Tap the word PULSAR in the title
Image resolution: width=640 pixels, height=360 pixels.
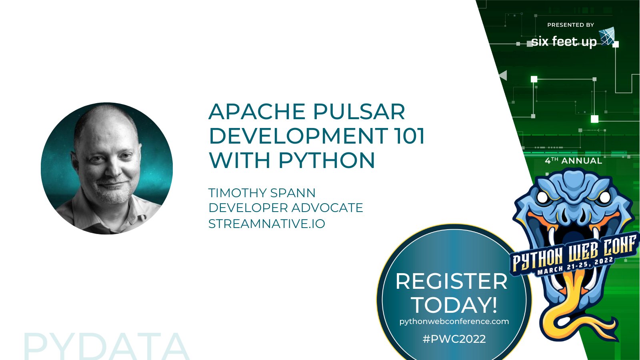(359, 112)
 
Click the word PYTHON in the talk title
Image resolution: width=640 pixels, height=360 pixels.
(326, 160)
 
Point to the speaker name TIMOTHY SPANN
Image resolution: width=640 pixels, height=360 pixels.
(262, 193)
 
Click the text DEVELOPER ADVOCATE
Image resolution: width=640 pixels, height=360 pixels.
(286, 208)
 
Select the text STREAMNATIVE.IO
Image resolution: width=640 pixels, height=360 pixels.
(267, 224)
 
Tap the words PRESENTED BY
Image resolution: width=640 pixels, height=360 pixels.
(570, 25)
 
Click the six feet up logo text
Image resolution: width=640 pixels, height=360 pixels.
(564, 42)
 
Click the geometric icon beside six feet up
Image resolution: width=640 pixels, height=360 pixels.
(607, 36)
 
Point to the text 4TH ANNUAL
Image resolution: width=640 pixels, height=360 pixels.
(574, 161)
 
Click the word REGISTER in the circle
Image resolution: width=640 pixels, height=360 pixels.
(452, 282)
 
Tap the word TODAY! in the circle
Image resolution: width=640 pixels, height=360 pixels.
(455, 305)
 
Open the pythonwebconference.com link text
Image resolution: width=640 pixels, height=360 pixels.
(454, 322)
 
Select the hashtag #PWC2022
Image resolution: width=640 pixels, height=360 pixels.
(454, 339)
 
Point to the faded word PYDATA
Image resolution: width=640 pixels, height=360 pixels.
(106, 346)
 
